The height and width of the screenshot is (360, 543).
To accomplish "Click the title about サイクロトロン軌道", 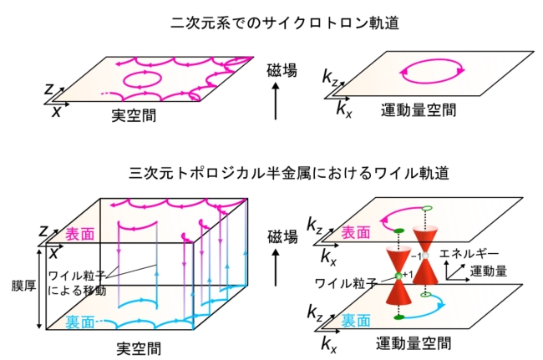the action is [x=285, y=23].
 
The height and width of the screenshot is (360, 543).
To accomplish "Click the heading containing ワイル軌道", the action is [x=289, y=173].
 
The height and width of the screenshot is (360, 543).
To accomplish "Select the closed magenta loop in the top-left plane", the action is [x=142, y=79].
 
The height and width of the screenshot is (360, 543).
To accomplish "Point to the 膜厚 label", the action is [x=23, y=286].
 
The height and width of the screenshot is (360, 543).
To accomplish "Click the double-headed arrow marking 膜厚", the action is [x=39, y=288].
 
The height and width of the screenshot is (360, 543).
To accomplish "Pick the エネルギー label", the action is [x=469, y=254].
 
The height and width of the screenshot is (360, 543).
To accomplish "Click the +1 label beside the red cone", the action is [x=408, y=275].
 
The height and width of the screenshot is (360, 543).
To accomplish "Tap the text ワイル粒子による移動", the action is [x=77, y=283].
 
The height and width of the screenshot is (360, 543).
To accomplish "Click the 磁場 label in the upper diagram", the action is [x=282, y=70].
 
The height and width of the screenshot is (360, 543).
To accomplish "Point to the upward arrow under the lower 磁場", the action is [x=276, y=267].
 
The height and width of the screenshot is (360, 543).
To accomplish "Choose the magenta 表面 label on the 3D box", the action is [x=80, y=235].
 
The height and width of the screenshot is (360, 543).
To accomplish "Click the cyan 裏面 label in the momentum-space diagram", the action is [x=356, y=321].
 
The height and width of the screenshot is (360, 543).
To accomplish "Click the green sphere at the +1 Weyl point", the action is [x=398, y=276].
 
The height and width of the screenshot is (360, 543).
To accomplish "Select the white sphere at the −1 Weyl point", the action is [x=425, y=256].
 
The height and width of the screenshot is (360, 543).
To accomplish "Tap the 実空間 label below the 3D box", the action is [x=139, y=348].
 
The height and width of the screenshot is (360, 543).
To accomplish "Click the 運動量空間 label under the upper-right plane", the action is [x=419, y=110].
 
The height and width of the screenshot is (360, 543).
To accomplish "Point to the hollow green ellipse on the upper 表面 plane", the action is [x=427, y=208].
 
